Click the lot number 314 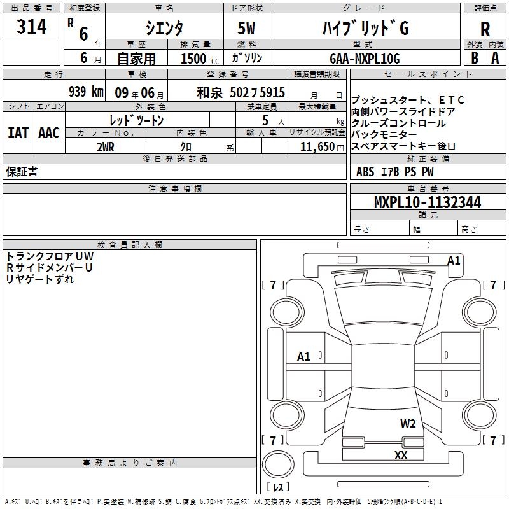coord(32,27)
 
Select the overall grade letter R coord(485,29)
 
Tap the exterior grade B coord(474,57)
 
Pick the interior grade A coord(495,57)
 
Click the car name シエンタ coord(164,29)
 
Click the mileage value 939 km coord(85,92)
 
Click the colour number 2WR coord(106,146)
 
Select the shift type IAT coord(18,132)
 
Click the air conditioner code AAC coord(48,132)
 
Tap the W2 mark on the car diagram coord(408,424)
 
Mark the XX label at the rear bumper coord(401,455)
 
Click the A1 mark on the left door coord(304,357)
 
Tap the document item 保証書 coord(22,172)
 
